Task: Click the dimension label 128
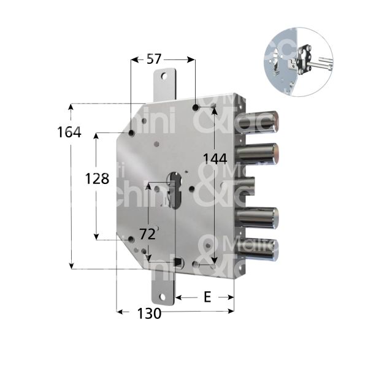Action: (x=97, y=179)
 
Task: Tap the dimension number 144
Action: (x=215, y=158)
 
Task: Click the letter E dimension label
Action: (x=207, y=297)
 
